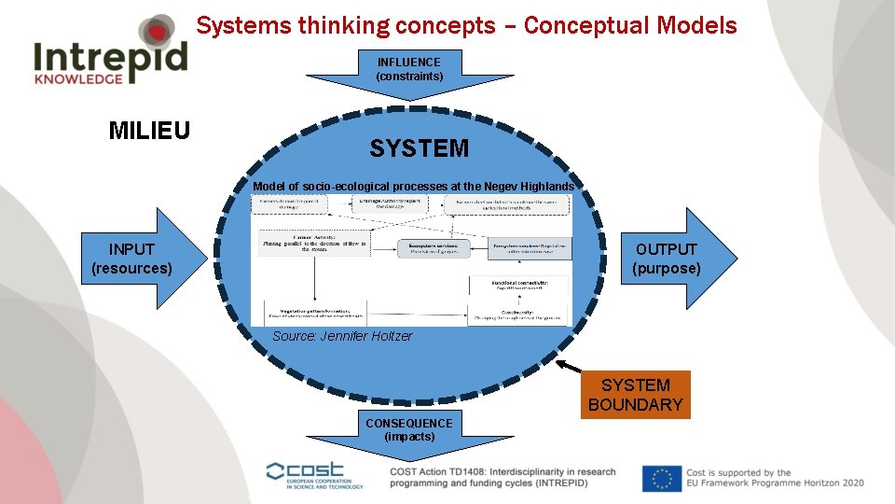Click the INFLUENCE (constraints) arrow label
pos(409,69)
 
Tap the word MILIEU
pos(149,131)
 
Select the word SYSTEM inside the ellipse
pos(419,148)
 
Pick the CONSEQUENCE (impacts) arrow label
pos(409,429)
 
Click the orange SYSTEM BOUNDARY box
pos(635,395)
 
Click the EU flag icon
pos(661,478)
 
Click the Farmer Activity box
pos(313,242)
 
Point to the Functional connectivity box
pos(518,285)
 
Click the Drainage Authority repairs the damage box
pos(389,204)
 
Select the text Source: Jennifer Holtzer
pos(342,336)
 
